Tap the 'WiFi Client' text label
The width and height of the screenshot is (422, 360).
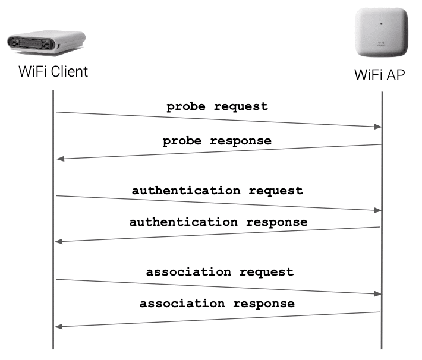(x=53, y=72)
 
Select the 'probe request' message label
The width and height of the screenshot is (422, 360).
(x=217, y=107)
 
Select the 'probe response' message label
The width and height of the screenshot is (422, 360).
(x=217, y=141)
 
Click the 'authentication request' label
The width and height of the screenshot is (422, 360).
(x=217, y=191)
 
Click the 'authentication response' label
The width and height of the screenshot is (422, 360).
(x=218, y=222)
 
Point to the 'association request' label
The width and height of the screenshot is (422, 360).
(x=219, y=272)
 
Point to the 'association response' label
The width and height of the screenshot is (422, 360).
(x=217, y=303)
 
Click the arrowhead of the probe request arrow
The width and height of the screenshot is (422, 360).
(x=376, y=127)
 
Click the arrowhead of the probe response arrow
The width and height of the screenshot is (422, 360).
(x=59, y=159)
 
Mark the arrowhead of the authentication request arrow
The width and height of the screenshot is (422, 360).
(x=376, y=210)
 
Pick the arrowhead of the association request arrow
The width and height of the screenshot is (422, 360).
(x=376, y=294)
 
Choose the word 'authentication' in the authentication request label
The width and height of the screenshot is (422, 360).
(x=186, y=191)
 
